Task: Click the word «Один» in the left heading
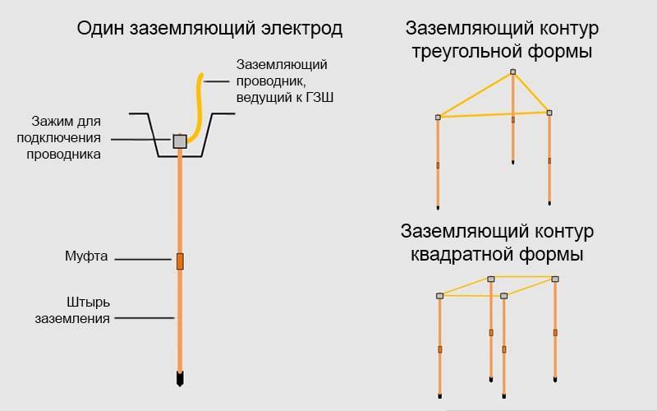tap(100, 29)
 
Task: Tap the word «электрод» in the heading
tap(301, 29)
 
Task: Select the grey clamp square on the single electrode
tap(180, 141)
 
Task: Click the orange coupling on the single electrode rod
tap(180, 261)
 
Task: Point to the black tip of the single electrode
tap(180, 379)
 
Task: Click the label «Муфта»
tap(86, 256)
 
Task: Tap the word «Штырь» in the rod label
tap(89, 302)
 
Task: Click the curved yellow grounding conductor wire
tap(196, 109)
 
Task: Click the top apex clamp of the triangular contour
tap(512, 72)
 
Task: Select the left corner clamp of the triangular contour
tap(438, 118)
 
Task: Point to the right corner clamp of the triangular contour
tap(549, 113)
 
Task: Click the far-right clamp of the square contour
tap(555, 279)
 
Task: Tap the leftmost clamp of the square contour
tap(439, 296)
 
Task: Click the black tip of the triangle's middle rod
tap(512, 161)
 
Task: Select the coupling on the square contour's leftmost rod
tap(440, 349)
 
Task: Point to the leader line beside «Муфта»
tap(143, 260)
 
